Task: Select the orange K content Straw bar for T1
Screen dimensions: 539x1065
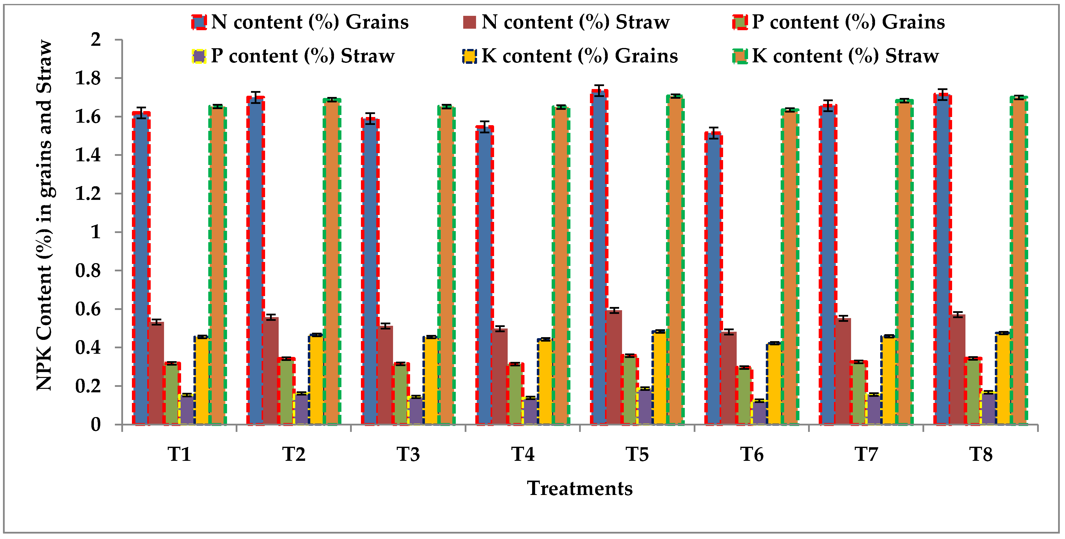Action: click(217, 265)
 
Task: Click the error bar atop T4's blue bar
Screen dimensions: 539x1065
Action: click(484, 126)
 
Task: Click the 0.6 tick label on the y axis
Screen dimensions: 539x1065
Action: click(88, 309)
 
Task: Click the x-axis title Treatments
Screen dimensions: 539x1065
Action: click(580, 489)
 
